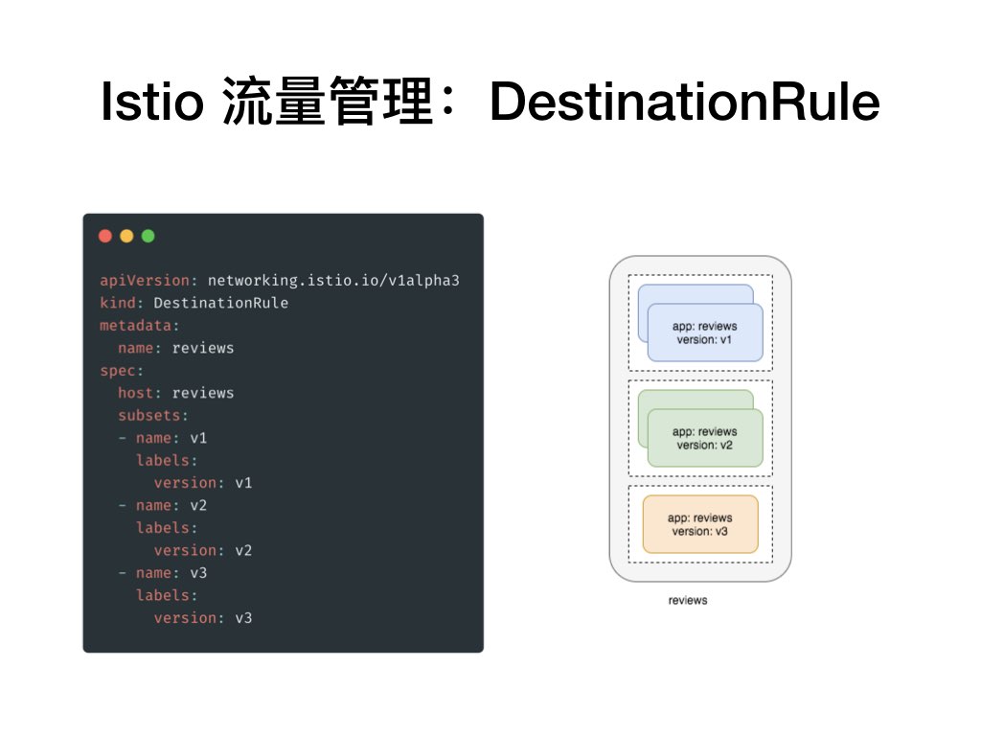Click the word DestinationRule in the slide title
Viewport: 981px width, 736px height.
pyautogui.click(x=684, y=102)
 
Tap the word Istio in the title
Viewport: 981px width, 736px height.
pyautogui.click(x=151, y=102)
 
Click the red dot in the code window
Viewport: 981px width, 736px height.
pyautogui.click(x=105, y=236)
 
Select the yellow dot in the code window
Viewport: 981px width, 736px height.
pyautogui.click(x=126, y=236)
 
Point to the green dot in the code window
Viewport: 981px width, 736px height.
pyautogui.click(x=148, y=236)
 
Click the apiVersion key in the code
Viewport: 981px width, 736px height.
pyautogui.click(x=145, y=281)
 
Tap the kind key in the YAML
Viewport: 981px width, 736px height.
pyautogui.click(x=118, y=303)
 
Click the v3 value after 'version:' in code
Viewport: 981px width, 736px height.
pyautogui.click(x=243, y=618)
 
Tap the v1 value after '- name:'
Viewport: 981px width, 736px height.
pyautogui.click(x=198, y=438)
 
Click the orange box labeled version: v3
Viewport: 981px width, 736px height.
pyautogui.click(x=700, y=524)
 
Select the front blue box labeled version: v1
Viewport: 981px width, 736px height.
pyautogui.click(x=705, y=333)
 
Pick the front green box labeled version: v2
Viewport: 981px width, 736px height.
pyautogui.click(x=705, y=438)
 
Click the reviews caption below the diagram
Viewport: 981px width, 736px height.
pyautogui.click(x=688, y=601)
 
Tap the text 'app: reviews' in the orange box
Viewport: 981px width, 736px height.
pyautogui.click(x=700, y=517)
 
